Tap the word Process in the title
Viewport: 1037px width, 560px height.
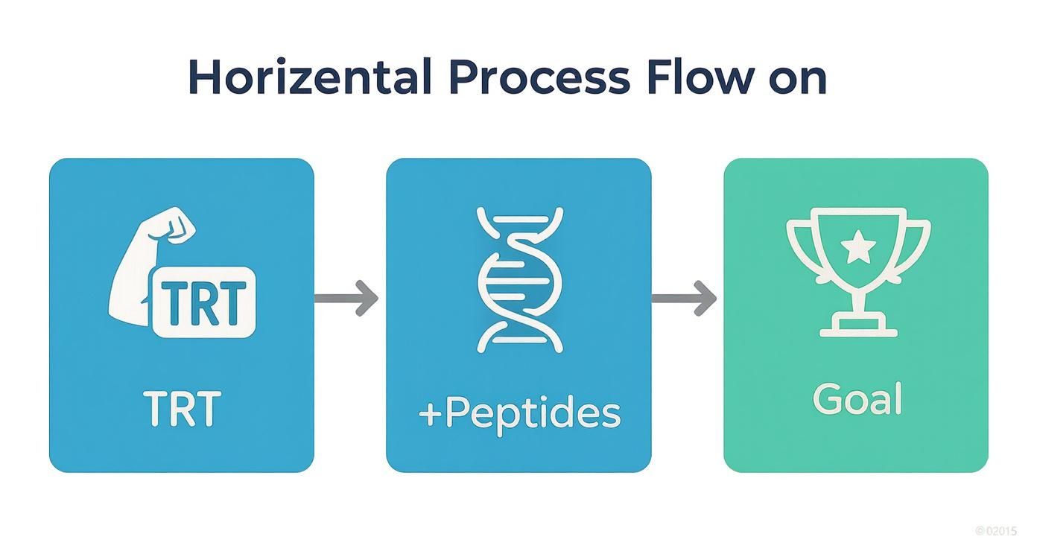(x=530, y=77)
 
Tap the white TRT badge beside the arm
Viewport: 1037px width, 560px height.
(x=203, y=302)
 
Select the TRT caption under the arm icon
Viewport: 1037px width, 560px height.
(x=182, y=408)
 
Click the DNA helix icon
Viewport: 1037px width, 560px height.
(x=519, y=279)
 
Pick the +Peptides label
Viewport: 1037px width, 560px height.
(x=519, y=412)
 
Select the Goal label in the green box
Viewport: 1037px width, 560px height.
(x=857, y=398)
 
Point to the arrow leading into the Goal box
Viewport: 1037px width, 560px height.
(x=684, y=298)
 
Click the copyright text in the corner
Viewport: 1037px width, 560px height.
(x=995, y=531)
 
